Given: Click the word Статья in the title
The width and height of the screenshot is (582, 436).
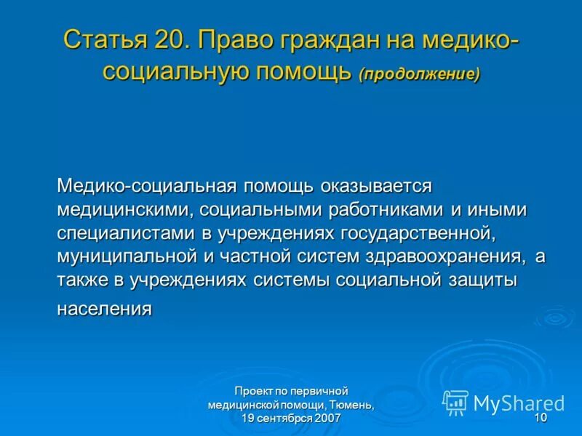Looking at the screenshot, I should tap(105, 39).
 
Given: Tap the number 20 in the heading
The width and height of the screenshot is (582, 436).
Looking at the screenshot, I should tap(171, 39).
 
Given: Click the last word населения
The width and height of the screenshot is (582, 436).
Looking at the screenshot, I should tap(104, 309).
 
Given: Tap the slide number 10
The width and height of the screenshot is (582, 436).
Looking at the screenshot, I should tap(540, 419).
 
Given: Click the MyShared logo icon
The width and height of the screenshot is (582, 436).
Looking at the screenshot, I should tap(455, 402).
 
